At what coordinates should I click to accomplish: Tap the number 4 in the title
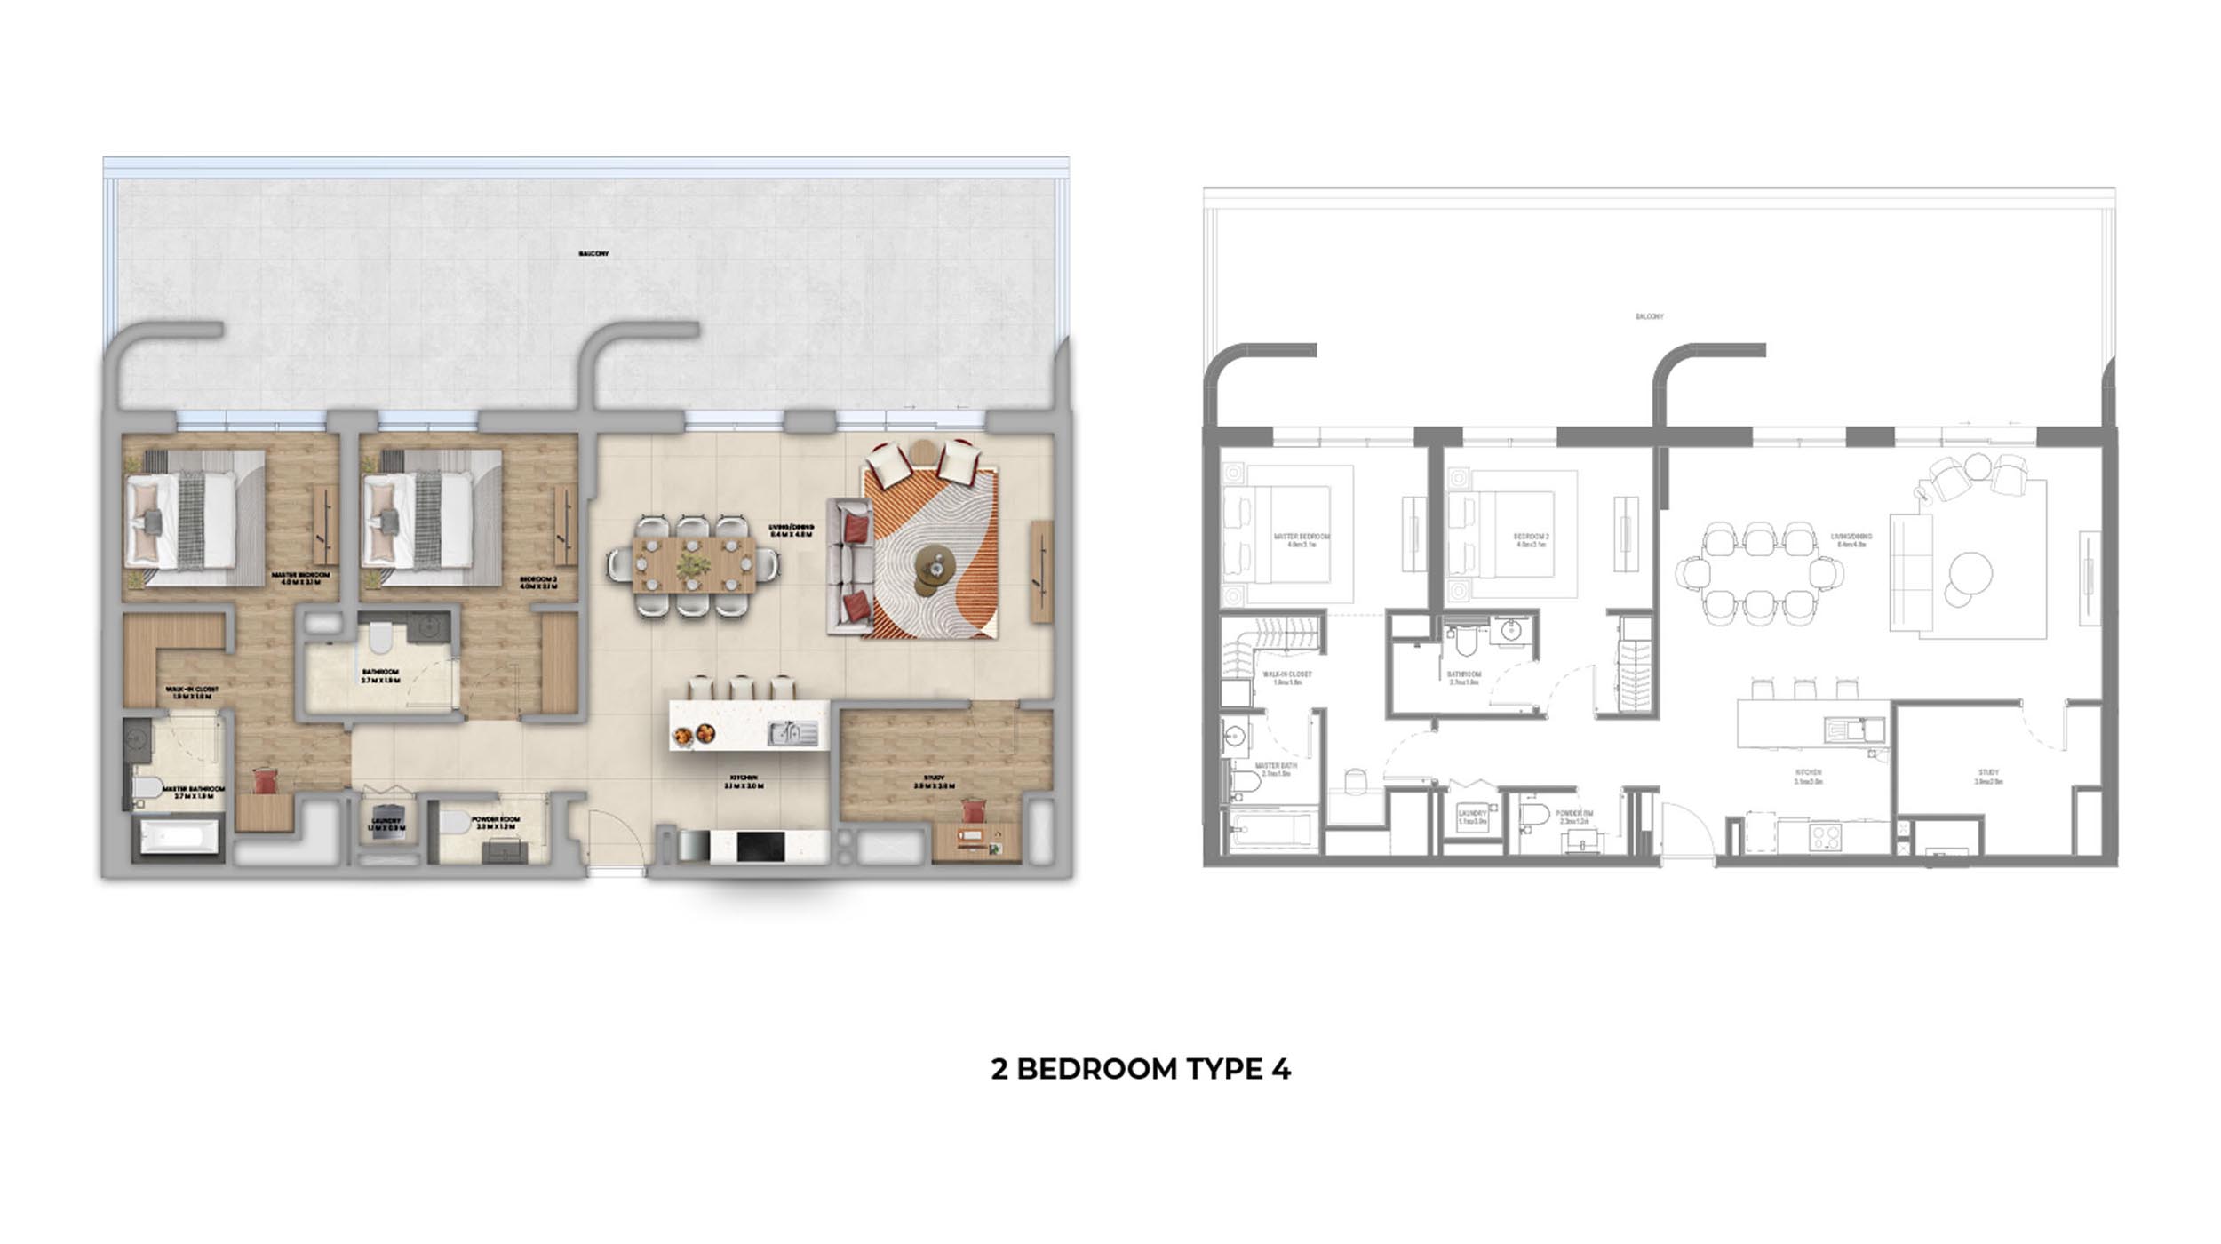(1280, 1068)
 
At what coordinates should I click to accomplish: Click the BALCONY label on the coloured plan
(593, 254)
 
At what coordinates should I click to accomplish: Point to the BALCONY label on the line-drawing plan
(1649, 316)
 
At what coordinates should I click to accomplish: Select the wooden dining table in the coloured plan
(694, 564)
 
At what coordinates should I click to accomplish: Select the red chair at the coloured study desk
(974, 811)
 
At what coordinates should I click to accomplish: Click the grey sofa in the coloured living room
(848, 566)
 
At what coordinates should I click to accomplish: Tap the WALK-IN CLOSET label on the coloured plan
(192, 689)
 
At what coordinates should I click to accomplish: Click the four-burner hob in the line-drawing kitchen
(1825, 836)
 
